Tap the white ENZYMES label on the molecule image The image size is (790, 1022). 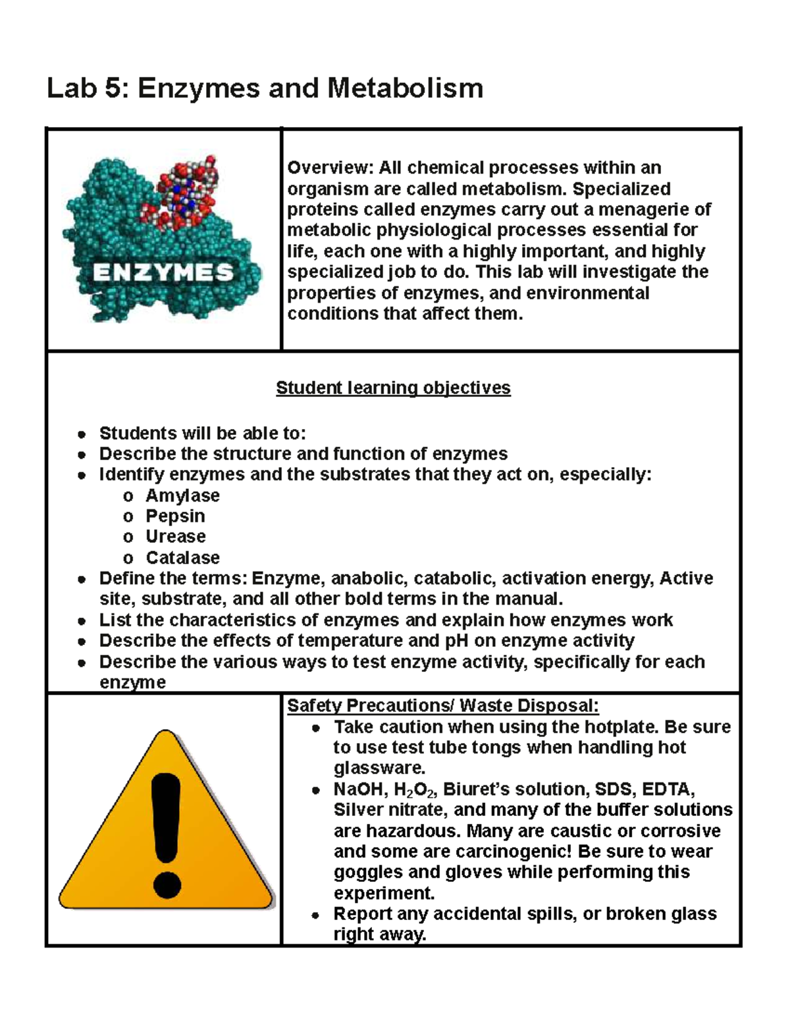[163, 272]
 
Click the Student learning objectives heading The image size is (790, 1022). [393, 388]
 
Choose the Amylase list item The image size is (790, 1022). [182, 496]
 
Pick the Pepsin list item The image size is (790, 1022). [175, 516]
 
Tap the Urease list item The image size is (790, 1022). [176, 536]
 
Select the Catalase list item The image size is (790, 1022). [182, 557]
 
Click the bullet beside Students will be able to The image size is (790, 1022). [82, 434]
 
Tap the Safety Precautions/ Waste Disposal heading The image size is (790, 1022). [443, 705]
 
